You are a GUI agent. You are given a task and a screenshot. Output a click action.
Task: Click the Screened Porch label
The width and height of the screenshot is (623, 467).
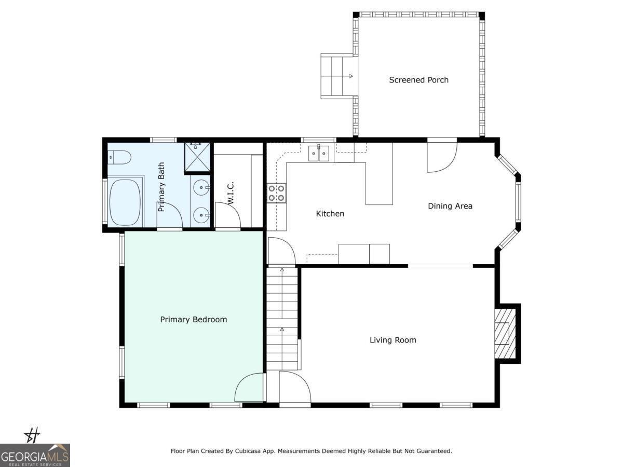point(418,80)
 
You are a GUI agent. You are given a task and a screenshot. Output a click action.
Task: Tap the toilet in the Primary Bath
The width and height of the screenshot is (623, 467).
point(118,157)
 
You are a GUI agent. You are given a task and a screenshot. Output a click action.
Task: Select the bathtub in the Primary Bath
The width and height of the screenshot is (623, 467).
point(125,202)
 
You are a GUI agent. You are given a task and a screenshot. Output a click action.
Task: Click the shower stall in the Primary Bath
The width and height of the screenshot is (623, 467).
point(198,157)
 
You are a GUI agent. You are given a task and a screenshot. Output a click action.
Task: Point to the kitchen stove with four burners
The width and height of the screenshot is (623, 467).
point(276,193)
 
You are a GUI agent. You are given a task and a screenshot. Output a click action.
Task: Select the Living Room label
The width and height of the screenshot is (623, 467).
point(392,340)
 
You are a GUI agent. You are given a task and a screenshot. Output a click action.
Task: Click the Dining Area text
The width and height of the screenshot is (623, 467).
point(450,206)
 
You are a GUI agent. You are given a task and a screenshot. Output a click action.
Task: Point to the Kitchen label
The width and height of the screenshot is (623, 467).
point(330,214)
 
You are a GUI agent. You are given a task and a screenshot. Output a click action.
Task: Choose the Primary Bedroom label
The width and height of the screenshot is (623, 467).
point(193,320)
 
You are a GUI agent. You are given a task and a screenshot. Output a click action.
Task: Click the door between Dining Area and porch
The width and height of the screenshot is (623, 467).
point(441,157)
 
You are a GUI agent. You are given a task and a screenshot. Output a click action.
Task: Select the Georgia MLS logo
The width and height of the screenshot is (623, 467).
point(35,455)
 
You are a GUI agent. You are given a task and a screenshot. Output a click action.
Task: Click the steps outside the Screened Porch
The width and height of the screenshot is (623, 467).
point(336,76)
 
